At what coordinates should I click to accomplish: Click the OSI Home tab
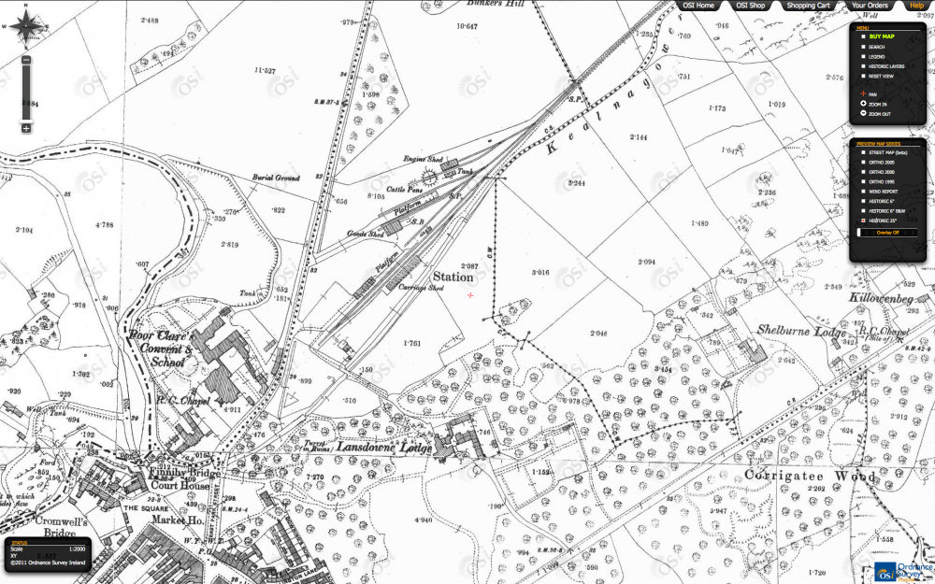(699, 6)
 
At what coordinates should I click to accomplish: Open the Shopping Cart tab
(808, 6)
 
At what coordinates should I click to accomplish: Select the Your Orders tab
(870, 6)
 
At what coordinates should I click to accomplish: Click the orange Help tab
(916, 6)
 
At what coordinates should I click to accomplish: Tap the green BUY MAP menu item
(883, 36)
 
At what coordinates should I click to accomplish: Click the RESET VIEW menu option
(881, 77)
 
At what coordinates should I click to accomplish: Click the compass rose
(26, 26)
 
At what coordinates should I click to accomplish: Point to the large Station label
(452, 278)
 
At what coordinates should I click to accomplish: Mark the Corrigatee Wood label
(811, 476)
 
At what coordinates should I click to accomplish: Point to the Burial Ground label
(275, 178)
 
